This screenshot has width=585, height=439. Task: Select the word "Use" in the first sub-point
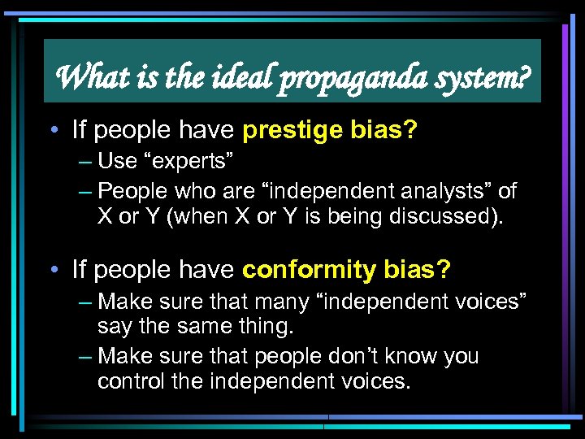coord(117,161)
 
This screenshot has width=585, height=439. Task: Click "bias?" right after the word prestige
coord(387,128)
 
